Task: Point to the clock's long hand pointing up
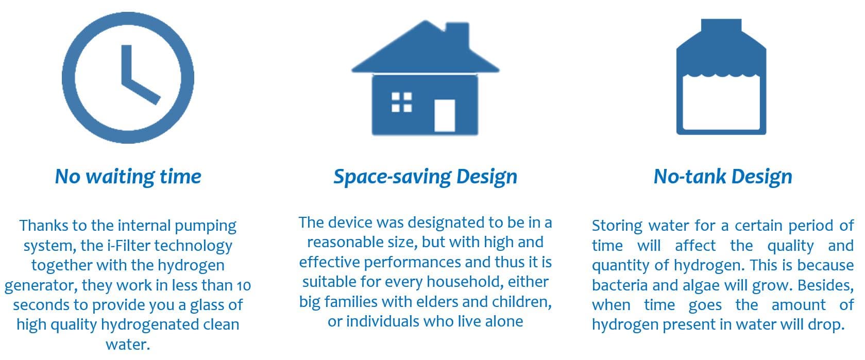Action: tap(127, 64)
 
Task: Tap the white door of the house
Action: tap(445, 116)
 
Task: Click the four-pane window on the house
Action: tap(402, 102)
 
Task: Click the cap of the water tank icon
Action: tap(721, 26)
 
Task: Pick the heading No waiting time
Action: tap(128, 177)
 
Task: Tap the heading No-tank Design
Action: tap(723, 177)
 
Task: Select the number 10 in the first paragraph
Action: tap(244, 285)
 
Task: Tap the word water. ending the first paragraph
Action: tap(128, 344)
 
